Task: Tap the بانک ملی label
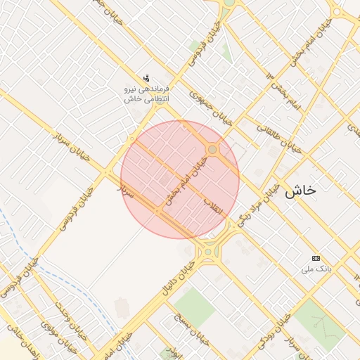pyautogui.click(x=314, y=269)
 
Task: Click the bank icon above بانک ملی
pyautogui.click(x=315, y=259)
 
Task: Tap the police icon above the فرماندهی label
pyautogui.click(x=146, y=78)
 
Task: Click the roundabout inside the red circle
pyautogui.click(x=212, y=149)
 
